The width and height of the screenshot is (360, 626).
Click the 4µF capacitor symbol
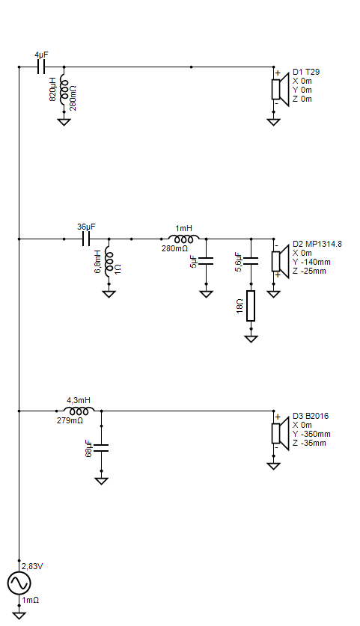pyautogui.click(x=41, y=67)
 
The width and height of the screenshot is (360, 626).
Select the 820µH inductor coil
pyautogui.click(x=64, y=90)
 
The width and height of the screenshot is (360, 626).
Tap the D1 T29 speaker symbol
pyautogui.click(x=280, y=89)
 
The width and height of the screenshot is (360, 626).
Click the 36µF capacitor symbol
pyautogui.click(x=86, y=239)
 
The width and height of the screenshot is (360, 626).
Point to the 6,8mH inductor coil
pyautogui.click(x=109, y=263)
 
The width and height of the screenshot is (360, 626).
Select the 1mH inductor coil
pyautogui.click(x=183, y=239)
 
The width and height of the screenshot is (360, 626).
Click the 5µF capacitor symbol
pyautogui.click(x=206, y=261)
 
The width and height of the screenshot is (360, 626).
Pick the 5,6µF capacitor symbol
pyautogui.click(x=251, y=261)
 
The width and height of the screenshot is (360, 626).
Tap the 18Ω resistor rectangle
pyautogui.click(x=251, y=306)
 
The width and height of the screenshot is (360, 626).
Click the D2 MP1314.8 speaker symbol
pyautogui.click(x=280, y=261)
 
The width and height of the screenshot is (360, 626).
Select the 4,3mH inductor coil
pyautogui.click(x=79, y=411)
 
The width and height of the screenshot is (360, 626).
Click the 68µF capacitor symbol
pyautogui.click(x=101, y=447)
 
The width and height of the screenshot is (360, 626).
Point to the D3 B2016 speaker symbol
pyautogui.click(x=280, y=433)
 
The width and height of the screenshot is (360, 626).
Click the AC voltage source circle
pyautogui.click(x=19, y=583)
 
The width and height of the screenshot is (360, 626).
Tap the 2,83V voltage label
pyautogui.click(x=32, y=566)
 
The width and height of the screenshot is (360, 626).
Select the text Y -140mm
pyautogui.click(x=311, y=262)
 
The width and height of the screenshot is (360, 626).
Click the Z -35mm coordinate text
pyautogui.click(x=309, y=444)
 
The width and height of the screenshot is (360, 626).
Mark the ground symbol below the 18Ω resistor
pyautogui.click(x=251, y=339)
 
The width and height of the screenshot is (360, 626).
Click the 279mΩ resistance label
pyautogui.click(x=70, y=421)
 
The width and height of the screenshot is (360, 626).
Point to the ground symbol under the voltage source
pyautogui.click(x=19, y=616)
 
